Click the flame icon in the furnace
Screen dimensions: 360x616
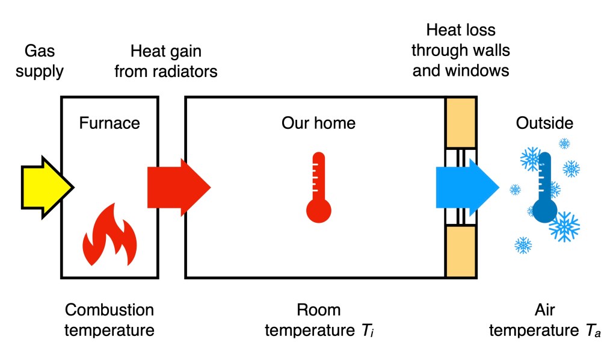tap(109, 235)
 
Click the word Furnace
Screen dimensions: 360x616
tap(109, 123)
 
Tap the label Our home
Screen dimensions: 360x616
tap(318, 123)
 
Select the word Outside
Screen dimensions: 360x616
tap(544, 123)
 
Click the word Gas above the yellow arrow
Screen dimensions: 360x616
tap(39, 52)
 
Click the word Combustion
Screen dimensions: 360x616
tap(109, 311)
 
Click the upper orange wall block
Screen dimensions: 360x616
tap(460, 121)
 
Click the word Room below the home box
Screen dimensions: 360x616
tap(318, 311)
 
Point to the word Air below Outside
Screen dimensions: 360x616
tap(544, 311)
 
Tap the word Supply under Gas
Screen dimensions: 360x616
tap(40, 72)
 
